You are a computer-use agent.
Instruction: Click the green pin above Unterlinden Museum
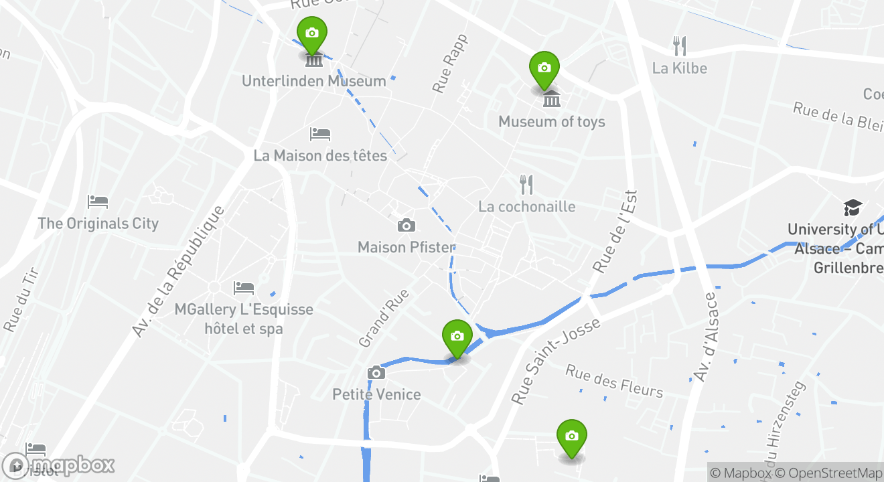pyautogui.click(x=311, y=33)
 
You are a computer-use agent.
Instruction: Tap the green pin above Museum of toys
pyautogui.click(x=544, y=68)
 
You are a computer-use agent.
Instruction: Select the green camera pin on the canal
pyautogui.click(x=457, y=337)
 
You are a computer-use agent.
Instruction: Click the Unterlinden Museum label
pyautogui.click(x=313, y=81)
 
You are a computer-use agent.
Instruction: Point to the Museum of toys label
pyautogui.click(x=551, y=122)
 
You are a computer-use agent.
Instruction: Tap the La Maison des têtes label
pyautogui.click(x=320, y=156)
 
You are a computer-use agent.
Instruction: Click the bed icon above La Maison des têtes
pyautogui.click(x=320, y=134)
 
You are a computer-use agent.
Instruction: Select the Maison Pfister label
pyautogui.click(x=406, y=247)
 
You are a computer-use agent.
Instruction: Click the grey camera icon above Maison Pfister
pyautogui.click(x=406, y=226)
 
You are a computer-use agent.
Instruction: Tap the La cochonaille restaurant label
pyautogui.click(x=526, y=206)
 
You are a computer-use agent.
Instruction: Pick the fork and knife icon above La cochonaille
pyautogui.click(x=526, y=184)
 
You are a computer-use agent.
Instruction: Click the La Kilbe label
pyautogui.click(x=679, y=68)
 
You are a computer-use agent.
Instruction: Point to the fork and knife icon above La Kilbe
pyautogui.click(x=680, y=46)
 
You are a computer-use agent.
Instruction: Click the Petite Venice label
pyautogui.click(x=376, y=394)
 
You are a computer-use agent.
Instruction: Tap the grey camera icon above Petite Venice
pyautogui.click(x=376, y=373)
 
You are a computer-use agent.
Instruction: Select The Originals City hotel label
pyautogui.click(x=98, y=224)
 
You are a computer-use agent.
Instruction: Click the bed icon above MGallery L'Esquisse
pyautogui.click(x=244, y=288)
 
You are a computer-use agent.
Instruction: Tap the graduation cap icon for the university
pyautogui.click(x=853, y=207)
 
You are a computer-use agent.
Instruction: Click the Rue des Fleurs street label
pyautogui.click(x=614, y=381)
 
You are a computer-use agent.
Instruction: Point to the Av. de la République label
pyautogui.click(x=177, y=271)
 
